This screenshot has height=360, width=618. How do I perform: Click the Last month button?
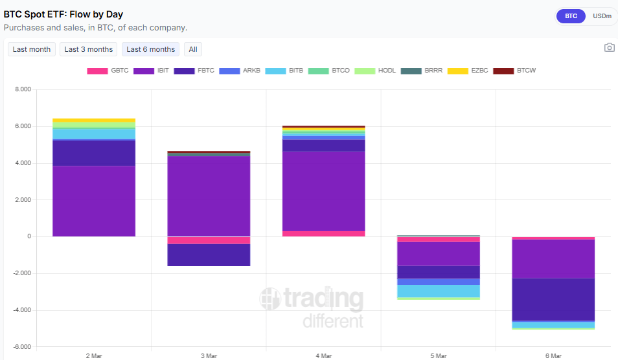tap(31, 49)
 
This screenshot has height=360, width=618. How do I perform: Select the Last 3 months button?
tap(88, 49)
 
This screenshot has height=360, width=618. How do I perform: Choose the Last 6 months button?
tap(150, 49)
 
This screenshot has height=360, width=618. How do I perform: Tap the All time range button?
tap(193, 49)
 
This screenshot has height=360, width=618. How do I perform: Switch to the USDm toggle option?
tap(602, 16)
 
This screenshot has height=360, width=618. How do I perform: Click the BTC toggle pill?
tap(571, 16)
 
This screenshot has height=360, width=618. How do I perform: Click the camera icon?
tap(609, 47)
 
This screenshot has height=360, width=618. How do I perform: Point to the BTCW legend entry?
tap(515, 70)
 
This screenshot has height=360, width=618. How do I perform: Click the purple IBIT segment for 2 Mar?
tap(94, 201)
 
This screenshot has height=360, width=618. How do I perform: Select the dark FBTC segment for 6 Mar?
tap(553, 299)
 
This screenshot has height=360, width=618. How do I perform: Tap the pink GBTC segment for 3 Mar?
tap(209, 240)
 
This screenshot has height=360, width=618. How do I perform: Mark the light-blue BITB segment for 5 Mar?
tap(439, 291)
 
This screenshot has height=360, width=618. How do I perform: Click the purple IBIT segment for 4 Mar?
tap(323, 191)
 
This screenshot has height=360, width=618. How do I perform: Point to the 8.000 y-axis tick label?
tap(22, 90)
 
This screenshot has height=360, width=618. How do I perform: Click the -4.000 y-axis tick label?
tap(21, 310)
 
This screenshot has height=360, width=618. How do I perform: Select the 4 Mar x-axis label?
tap(323, 355)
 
